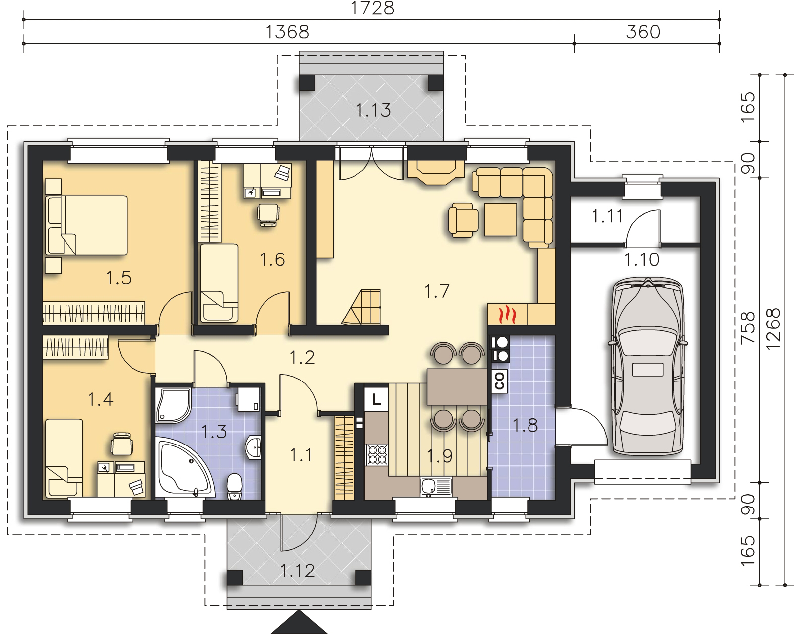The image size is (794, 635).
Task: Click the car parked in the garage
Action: [x=648, y=366]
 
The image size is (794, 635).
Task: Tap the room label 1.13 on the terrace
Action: [x=373, y=110]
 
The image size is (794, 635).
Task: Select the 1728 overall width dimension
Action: [x=372, y=8]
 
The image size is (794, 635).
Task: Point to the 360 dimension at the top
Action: [x=643, y=32]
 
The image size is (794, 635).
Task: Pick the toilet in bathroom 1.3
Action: [x=234, y=487]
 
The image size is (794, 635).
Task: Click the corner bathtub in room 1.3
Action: [x=185, y=467]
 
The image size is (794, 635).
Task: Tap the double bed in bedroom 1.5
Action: [x=86, y=225]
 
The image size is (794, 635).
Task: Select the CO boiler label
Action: [x=499, y=381]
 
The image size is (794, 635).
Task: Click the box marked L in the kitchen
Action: [x=376, y=399]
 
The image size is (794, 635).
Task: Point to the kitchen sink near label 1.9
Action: [x=436, y=486]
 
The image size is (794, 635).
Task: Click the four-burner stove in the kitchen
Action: [x=377, y=454]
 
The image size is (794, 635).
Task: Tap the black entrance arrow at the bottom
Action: [x=299, y=622]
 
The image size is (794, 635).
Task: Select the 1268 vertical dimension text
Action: [x=773, y=328]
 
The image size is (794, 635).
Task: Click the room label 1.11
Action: [x=607, y=216]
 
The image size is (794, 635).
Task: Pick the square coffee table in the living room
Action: [x=500, y=220]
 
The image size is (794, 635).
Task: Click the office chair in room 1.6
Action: [x=268, y=215]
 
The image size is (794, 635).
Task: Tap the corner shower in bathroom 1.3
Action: [x=173, y=405]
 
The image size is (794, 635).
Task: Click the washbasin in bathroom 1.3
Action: [x=253, y=448]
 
